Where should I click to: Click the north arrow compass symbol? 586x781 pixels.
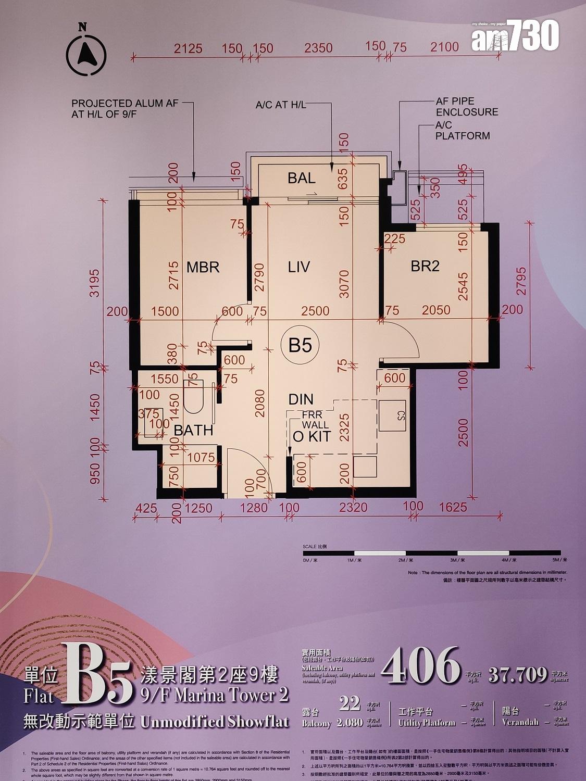pos(86,52)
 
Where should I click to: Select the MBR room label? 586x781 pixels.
pos(203,268)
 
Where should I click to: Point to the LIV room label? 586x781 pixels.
pos(299,268)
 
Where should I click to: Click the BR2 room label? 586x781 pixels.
pos(425,266)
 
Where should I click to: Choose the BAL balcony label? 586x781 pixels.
pos(302,178)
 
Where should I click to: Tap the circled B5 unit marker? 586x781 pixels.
pos(300,345)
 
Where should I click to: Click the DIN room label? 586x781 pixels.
pos(301,399)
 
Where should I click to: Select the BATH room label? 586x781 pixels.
pos(193,431)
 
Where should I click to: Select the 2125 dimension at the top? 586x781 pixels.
pos(188,48)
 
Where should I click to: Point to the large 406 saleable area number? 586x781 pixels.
pos(421,667)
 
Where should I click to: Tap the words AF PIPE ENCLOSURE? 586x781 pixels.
pos(467,107)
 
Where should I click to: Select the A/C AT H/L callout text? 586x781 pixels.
pos(281,105)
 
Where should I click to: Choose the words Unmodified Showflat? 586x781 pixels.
pos(214,722)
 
